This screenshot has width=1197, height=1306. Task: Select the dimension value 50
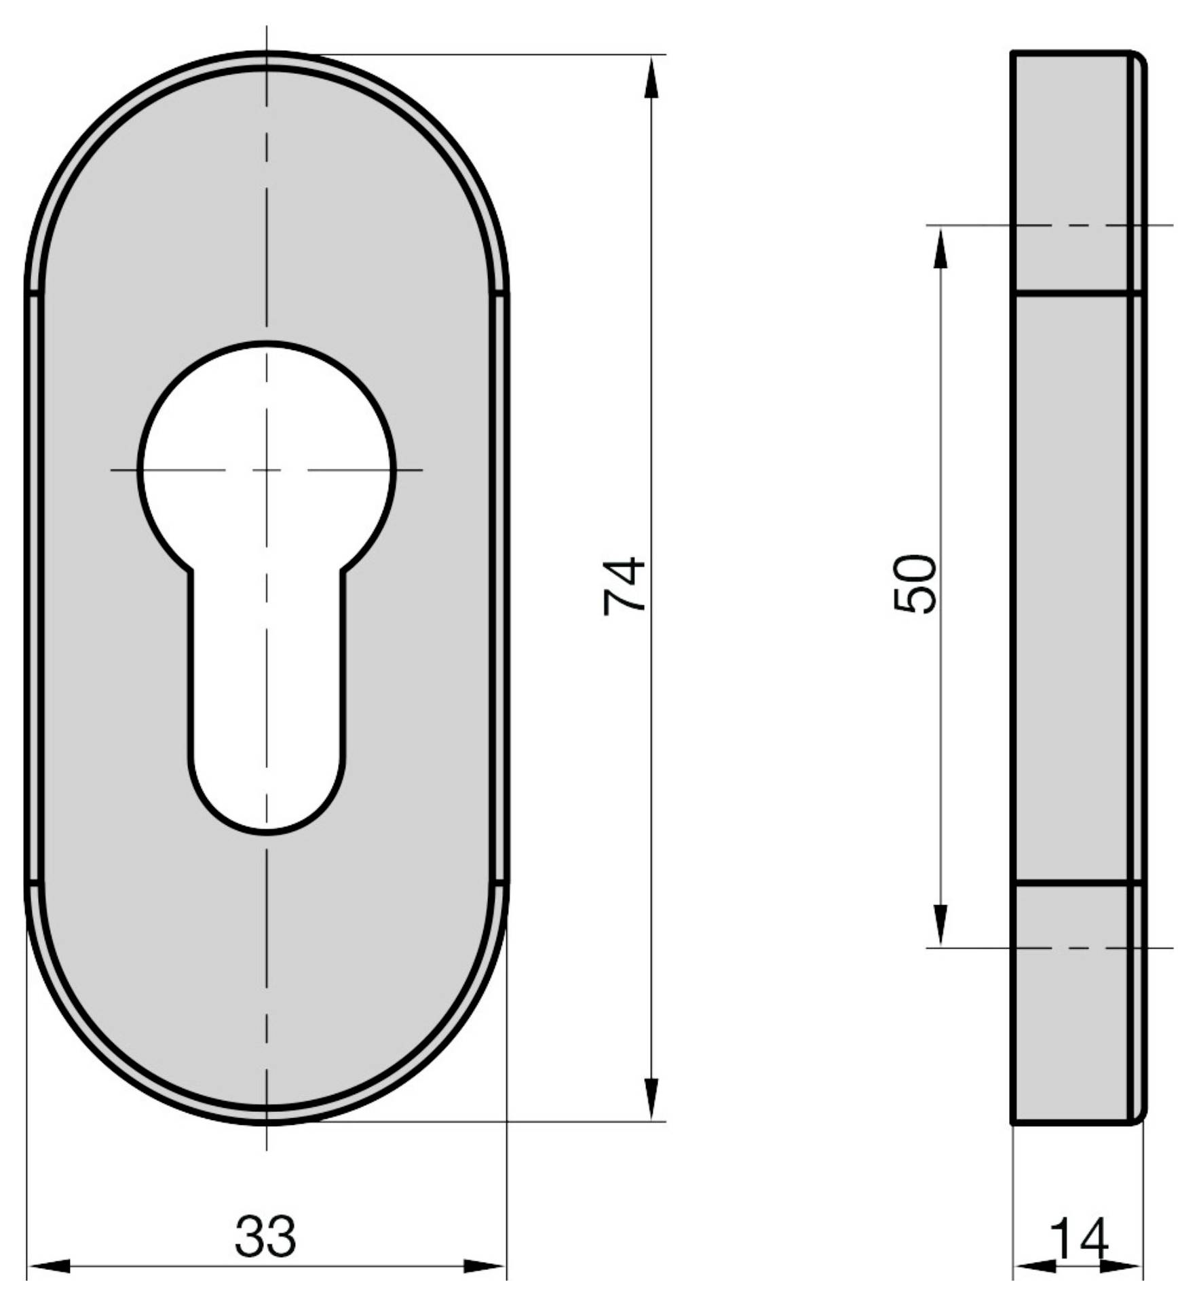pyautogui.click(x=915, y=584)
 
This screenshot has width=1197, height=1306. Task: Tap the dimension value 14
pyautogui.click(x=1079, y=1239)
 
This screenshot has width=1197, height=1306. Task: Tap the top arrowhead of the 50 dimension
pyautogui.click(x=940, y=248)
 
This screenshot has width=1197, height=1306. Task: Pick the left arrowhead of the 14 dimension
pyautogui.click(x=1035, y=1266)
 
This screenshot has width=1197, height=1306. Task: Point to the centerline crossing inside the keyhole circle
pyautogui.click(x=267, y=469)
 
